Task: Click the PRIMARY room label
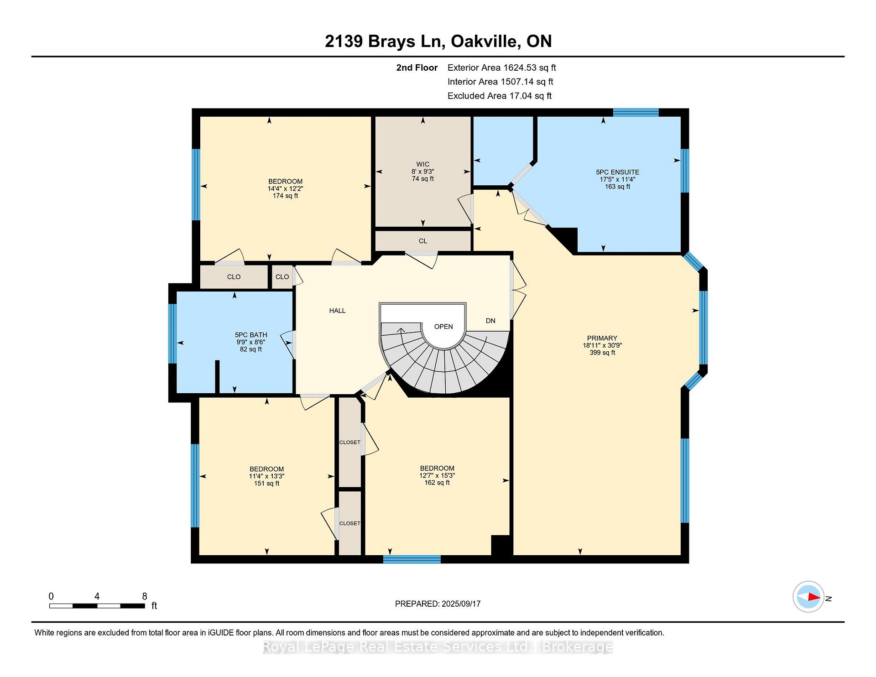click(602, 338)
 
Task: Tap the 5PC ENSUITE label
click(617, 172)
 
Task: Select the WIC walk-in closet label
click(422, 164)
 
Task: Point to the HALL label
click(337, 311)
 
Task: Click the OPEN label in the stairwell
click(443, 327)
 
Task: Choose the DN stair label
click(490, 321)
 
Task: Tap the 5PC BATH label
click(251, 335)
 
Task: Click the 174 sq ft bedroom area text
click(285, 196)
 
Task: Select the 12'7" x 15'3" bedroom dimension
click(437, 475)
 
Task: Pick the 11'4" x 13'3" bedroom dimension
click(266, 476)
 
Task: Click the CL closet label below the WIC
click(422, 241)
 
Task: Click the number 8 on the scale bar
click(145, 596)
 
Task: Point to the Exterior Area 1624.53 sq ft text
click(501, 68)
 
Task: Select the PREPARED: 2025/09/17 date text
click(438, 604)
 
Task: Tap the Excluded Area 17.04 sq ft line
click(499, 96)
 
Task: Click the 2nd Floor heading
click(417, 68)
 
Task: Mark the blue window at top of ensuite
click(636, 112)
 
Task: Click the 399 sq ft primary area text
click(602, 353)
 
